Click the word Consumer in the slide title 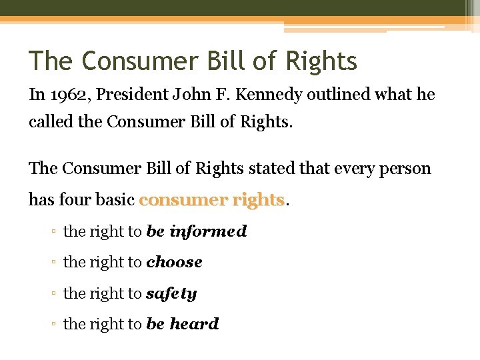click(x=137, y=61)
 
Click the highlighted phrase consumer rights click(x=211, y=199)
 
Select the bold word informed click(x=208, y=231)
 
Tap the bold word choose click(x=174, y=262)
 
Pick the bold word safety click(x=171, y=293)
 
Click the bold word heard click(x=194, y=324)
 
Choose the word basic click(x=115, y=199)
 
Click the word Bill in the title click(x=225, y=61)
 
